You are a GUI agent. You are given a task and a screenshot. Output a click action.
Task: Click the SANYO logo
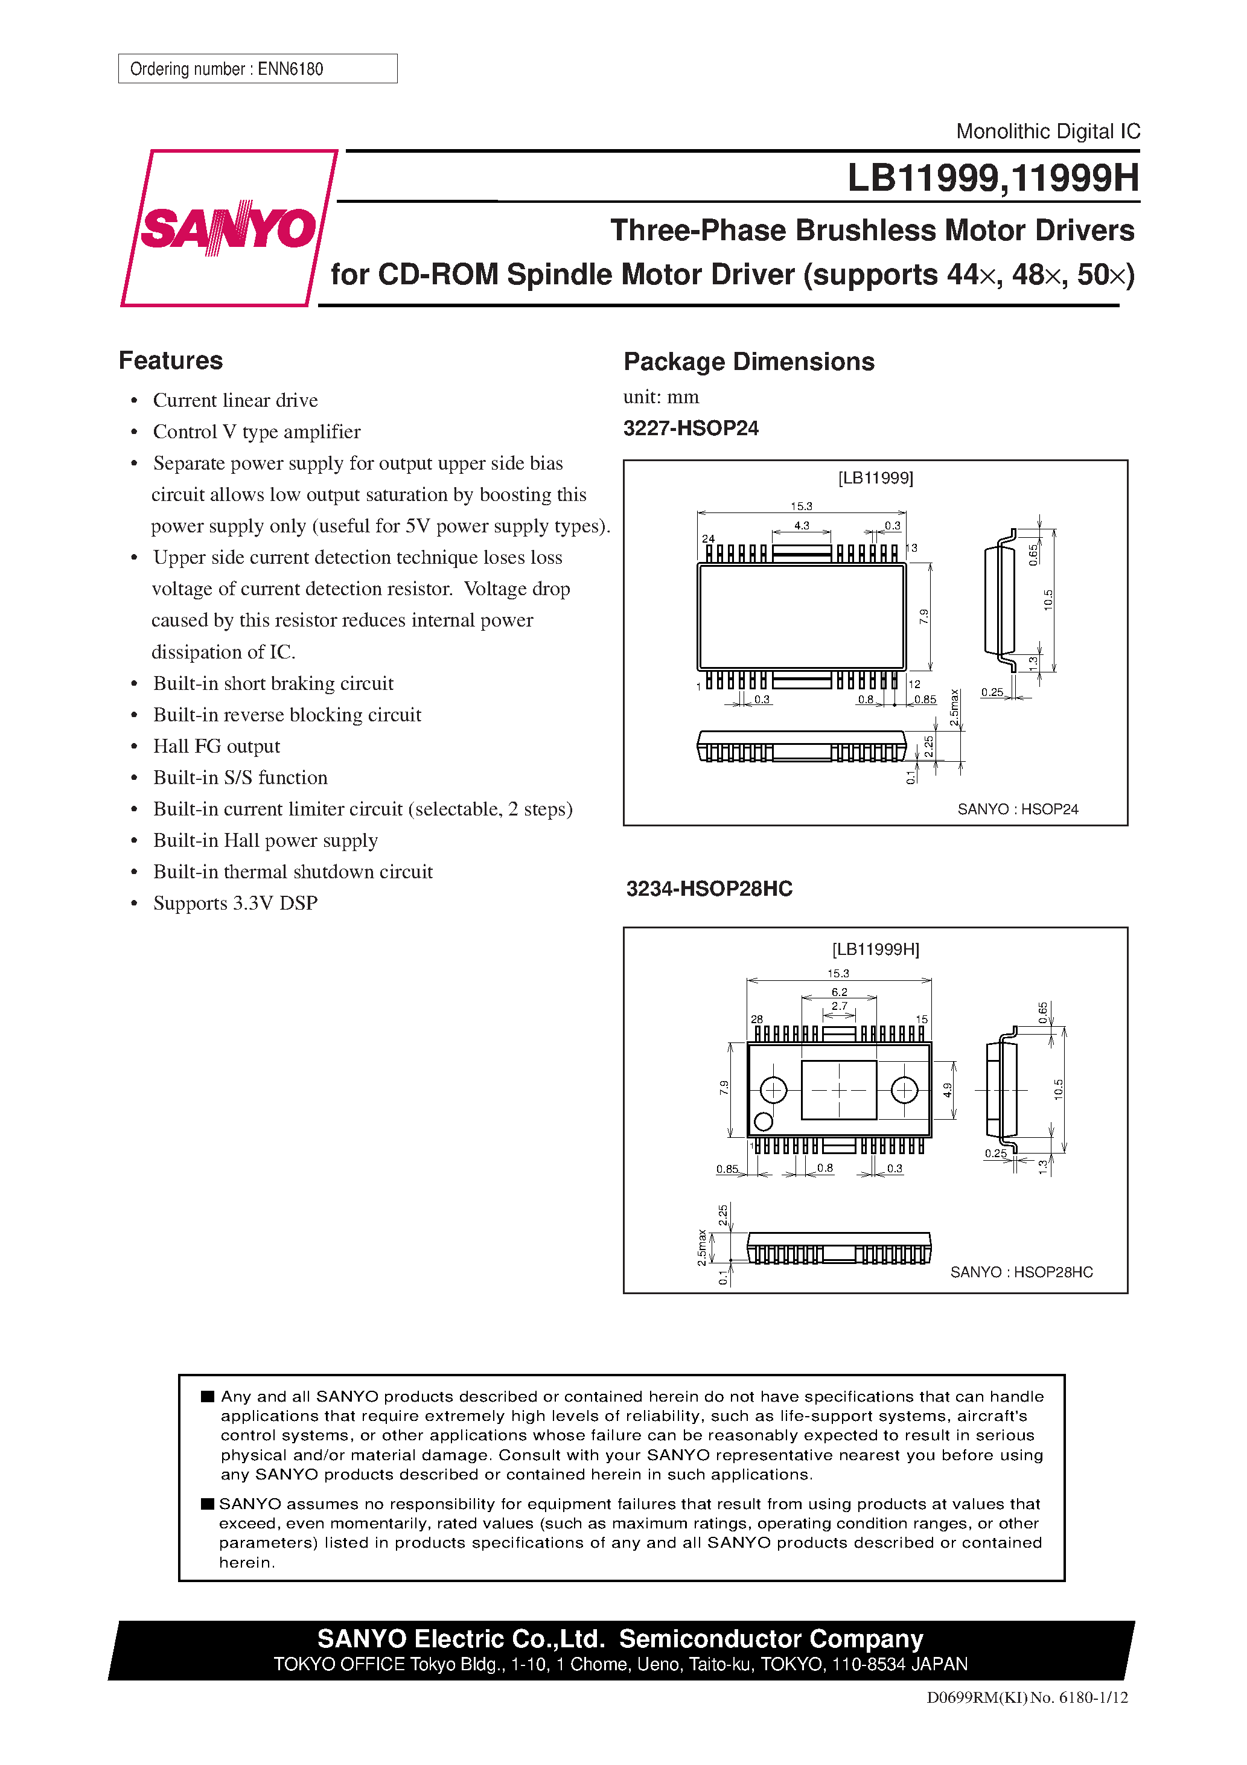228,228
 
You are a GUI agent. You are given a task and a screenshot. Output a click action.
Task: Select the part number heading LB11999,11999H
992,178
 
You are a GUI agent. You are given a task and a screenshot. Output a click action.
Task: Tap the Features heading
171,360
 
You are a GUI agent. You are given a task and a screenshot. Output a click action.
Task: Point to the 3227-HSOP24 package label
690,428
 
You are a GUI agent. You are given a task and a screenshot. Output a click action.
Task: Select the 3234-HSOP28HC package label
708,889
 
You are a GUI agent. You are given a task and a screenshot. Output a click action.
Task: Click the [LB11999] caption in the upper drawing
875,478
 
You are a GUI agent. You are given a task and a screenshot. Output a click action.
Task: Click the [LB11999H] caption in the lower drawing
875,950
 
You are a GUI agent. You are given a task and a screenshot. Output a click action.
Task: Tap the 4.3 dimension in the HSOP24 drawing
801,526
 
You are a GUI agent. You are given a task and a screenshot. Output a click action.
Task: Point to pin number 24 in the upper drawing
708,539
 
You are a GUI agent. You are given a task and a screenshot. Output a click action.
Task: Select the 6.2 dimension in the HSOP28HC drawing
839,992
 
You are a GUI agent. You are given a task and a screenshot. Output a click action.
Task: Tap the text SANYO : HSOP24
1017,809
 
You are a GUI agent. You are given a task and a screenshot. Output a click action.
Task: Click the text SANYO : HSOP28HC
1021,1272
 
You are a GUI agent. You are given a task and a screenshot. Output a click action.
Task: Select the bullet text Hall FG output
216,747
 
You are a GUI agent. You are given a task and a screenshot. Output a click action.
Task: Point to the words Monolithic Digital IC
1047,132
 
